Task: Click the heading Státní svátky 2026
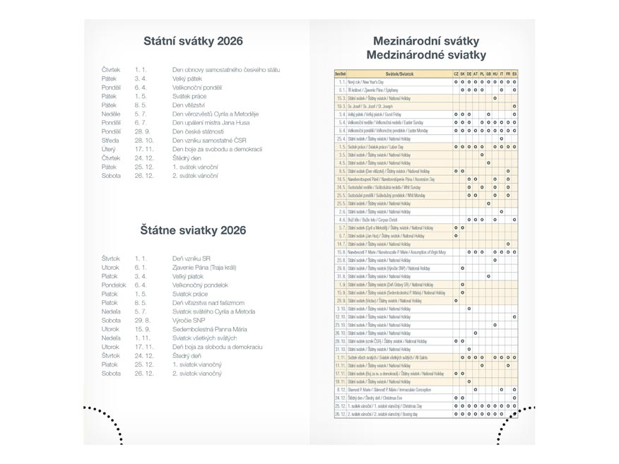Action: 192,41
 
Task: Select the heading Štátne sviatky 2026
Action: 192,230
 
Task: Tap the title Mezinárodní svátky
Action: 426,41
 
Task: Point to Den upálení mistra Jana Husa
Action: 211,122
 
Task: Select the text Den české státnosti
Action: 198,131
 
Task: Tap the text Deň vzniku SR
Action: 191,258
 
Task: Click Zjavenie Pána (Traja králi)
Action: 205,268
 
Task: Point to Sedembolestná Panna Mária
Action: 208,329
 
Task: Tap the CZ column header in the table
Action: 456,73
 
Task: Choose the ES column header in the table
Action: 514,73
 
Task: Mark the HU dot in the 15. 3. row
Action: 495,98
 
